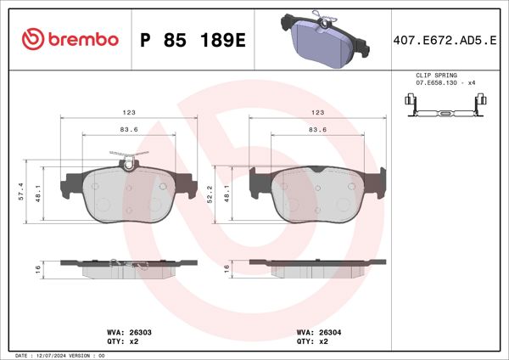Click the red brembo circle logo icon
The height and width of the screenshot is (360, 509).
click(31, 38)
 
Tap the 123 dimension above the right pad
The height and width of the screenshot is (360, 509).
click(317, 112)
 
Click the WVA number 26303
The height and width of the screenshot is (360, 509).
click(138, 333)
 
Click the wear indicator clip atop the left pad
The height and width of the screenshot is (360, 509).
click(126, 158)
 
